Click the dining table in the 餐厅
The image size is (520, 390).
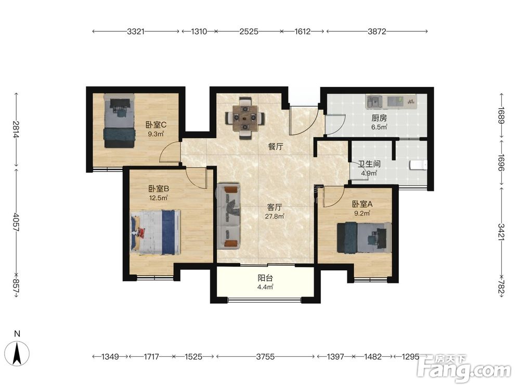(245, 118)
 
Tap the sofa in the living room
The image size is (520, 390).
(228, 216)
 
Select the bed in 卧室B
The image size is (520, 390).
(155, 232)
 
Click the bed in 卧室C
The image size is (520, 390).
(120, 121)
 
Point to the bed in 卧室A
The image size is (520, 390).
(364, 238)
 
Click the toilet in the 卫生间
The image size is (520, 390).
(419, 165)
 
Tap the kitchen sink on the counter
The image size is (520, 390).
(375, 101)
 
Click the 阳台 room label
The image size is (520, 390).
(265, 278)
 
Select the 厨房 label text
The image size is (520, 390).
(379, 118)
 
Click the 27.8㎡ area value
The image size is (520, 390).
(275, 216)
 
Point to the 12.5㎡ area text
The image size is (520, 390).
(159, 198)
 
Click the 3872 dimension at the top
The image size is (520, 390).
(377, 32)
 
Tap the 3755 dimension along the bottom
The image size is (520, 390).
(265, 357)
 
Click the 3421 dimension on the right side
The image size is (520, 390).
(501, 232)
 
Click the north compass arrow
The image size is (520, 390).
(17, 354)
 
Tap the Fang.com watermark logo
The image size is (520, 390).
(464, 369)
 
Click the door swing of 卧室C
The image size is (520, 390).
(170, 151)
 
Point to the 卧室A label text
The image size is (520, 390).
(362, 204)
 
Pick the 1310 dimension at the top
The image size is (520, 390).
(199, 32)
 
